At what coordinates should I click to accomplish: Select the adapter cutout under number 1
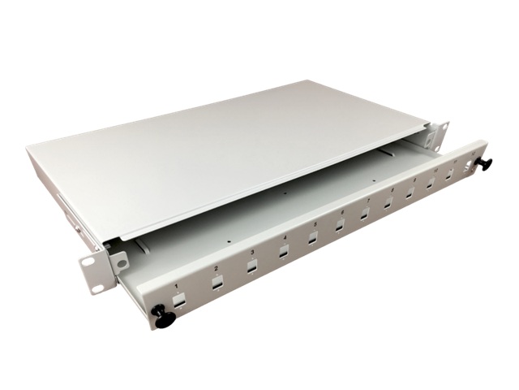(x=179, y=300)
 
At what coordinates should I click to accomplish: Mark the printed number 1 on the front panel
(x=177, y=288)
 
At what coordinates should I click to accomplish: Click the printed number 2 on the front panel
(x=216, y=269)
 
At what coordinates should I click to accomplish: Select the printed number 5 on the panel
(x=313, y=226)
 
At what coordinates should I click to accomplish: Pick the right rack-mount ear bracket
(x=440, y=135)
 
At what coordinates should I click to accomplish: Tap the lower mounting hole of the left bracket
(x=98, y=285)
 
